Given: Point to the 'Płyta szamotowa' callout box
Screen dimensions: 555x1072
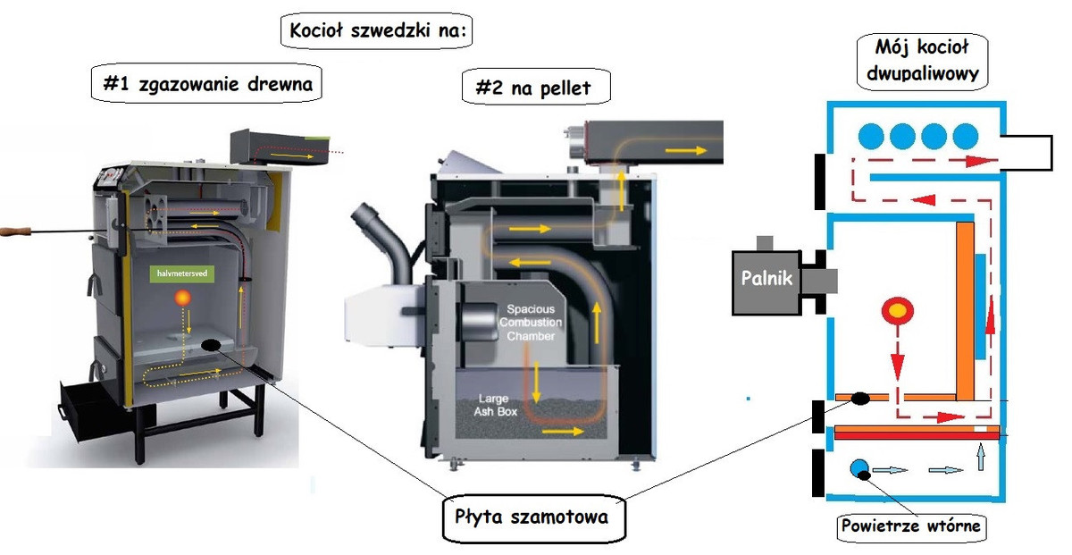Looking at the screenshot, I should (x=532, y=517).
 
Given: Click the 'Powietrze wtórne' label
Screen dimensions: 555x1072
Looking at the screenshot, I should (x=911, y=526).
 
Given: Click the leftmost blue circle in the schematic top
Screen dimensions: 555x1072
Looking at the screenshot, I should (x=872, y=136).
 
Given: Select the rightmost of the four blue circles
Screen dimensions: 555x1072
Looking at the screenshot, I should (x=966, y=136).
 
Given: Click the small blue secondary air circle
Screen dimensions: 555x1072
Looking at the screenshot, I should (x=859, y=469).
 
